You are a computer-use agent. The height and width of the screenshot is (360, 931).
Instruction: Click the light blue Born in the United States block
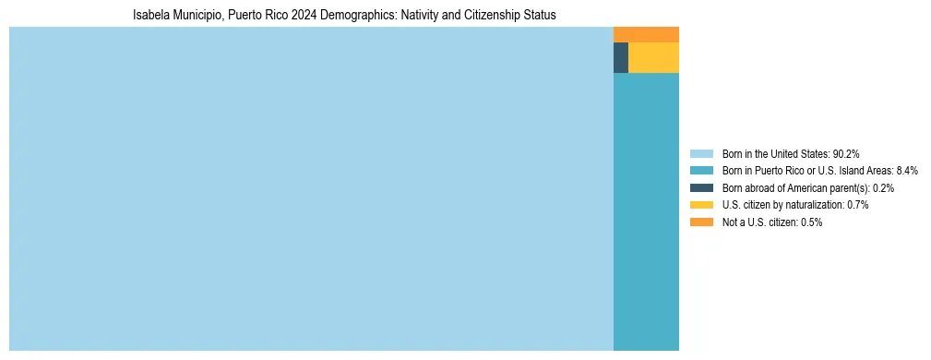(311, 188)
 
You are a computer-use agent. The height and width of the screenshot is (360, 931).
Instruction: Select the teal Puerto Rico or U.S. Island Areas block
(646, 211)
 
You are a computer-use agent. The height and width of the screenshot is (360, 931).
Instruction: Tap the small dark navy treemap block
(620, 57)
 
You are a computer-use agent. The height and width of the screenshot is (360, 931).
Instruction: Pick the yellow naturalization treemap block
(653, 57)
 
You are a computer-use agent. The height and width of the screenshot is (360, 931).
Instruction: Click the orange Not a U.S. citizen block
(646, 34)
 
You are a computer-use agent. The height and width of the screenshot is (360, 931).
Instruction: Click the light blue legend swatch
(701, 153)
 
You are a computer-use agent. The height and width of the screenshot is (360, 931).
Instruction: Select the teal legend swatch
(701, 171)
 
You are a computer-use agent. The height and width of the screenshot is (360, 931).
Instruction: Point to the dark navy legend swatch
(701, 187)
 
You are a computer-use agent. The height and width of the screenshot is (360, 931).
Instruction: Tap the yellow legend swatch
(701, 205)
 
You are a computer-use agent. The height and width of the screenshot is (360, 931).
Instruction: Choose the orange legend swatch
(701, 222)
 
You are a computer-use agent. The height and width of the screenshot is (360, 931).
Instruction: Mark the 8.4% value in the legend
(879, 171)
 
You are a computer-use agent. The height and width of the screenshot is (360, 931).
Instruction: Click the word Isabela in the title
(152, 16)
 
